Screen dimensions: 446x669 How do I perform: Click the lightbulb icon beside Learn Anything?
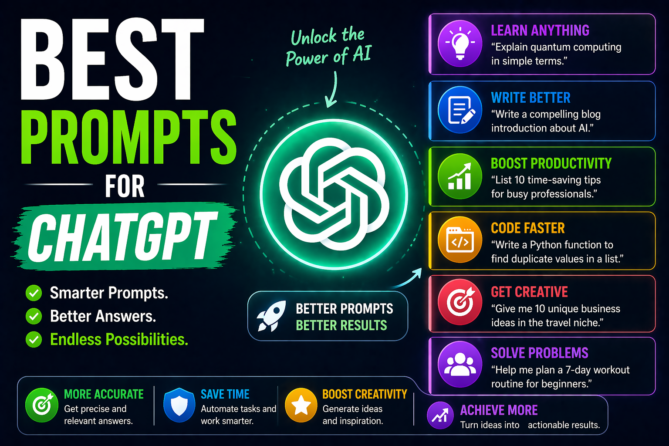(460, 44)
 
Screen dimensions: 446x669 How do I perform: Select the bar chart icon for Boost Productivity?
(460, 176)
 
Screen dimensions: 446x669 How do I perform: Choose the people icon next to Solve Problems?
(460, 365)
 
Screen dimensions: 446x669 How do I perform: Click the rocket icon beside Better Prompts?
(271, 316)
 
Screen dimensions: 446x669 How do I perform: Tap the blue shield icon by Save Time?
(179, 405)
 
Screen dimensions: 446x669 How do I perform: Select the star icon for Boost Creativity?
(301, 405)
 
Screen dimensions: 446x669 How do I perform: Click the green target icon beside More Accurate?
(42, 405)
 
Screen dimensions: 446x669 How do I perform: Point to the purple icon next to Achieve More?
(440, 415)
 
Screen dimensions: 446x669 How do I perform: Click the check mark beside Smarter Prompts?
(34, 293)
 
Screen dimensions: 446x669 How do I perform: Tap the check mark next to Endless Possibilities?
(34, 339)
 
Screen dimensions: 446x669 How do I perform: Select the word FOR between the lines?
(125, 186)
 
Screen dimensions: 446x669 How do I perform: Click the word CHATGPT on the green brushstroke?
(122, 237)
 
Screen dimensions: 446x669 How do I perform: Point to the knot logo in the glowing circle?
(334, 194)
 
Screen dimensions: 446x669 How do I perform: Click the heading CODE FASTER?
(527, 228)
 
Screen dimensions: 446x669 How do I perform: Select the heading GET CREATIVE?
(529, 292)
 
